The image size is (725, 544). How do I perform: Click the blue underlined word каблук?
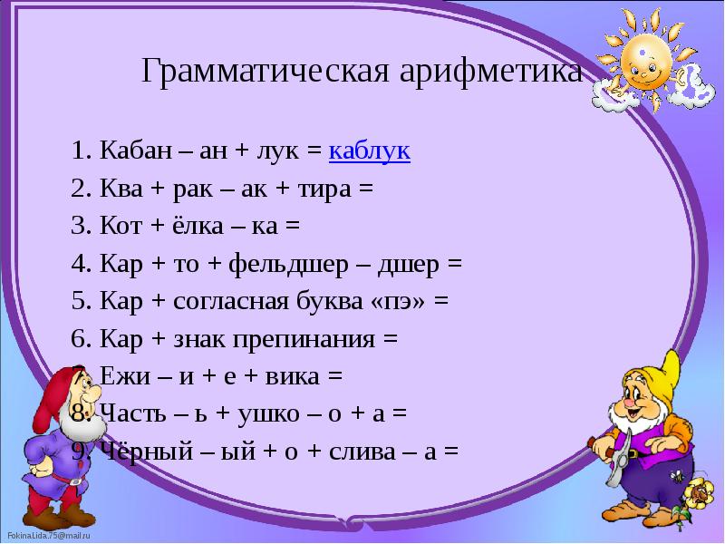coord(370,151)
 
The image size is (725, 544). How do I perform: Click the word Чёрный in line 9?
coord(137,452)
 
